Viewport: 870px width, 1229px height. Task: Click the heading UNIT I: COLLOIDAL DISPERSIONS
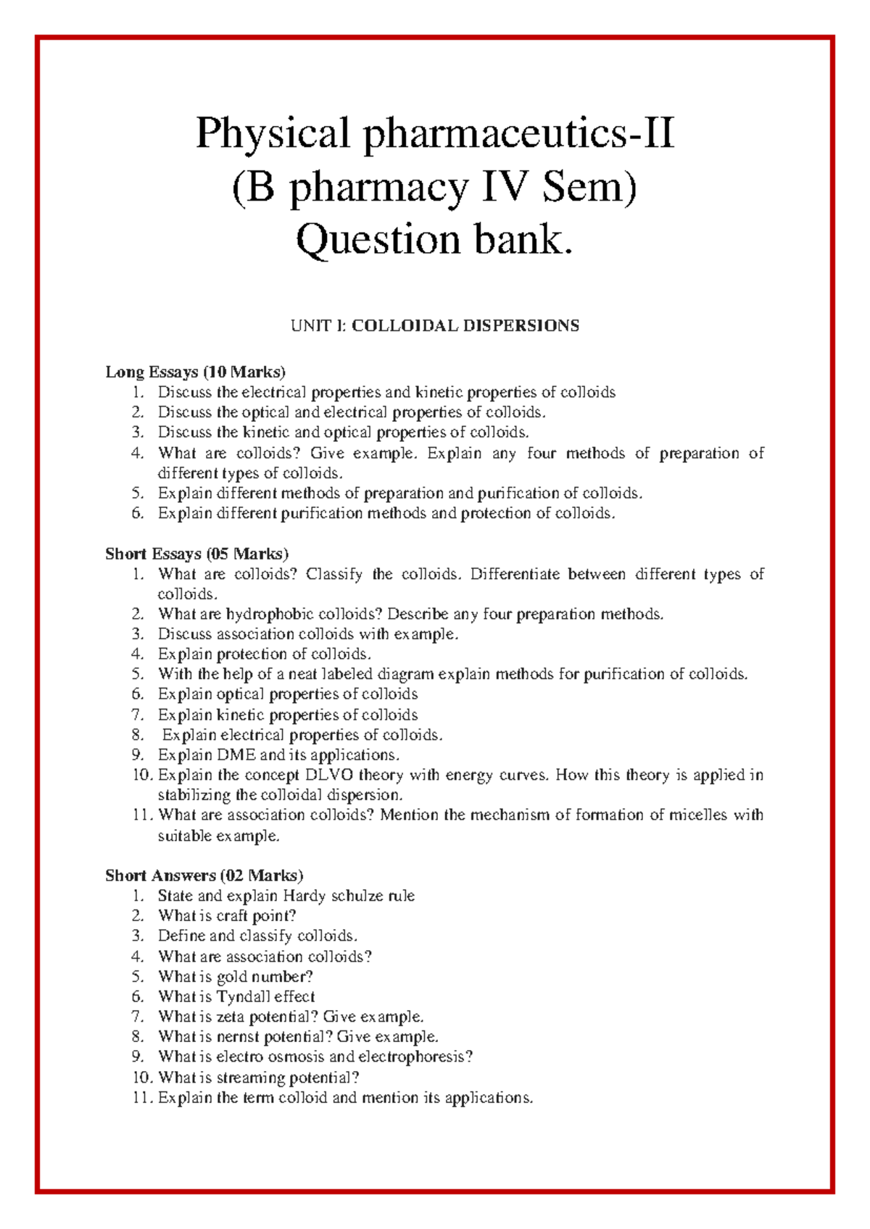point(435,325)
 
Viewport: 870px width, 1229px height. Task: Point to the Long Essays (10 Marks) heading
point(196,372)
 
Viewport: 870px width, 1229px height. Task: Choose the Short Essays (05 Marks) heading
point(197,554)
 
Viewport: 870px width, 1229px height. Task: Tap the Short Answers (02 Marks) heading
point(204,875)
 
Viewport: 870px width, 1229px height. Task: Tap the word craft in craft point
point(232,916)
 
